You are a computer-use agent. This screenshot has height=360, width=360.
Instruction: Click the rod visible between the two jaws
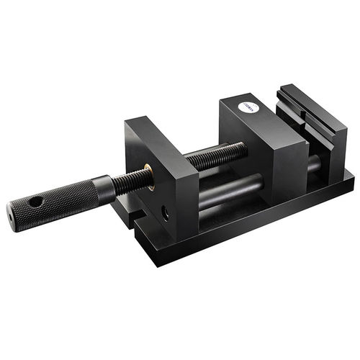(x=315, y=170)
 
